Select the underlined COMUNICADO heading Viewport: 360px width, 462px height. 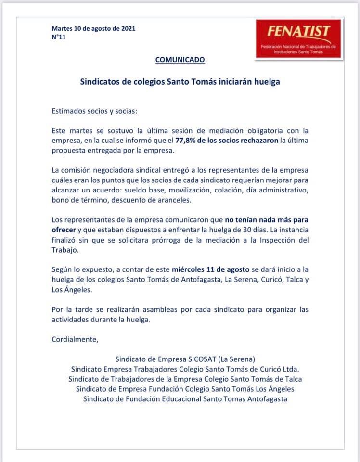point(180,60)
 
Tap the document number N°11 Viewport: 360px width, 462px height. point(58,37)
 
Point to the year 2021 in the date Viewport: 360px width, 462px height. point(127,28)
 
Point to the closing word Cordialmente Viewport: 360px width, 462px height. point(75,339)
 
